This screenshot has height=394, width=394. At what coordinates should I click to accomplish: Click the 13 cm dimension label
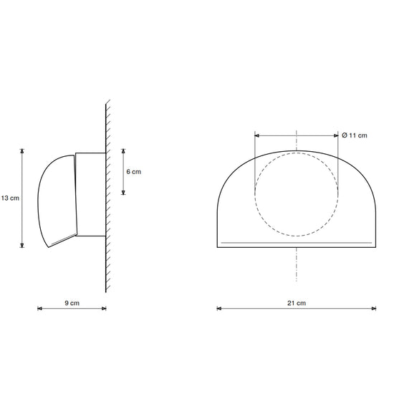pos(10,198)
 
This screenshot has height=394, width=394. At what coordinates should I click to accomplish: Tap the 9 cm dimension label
pos(72,303)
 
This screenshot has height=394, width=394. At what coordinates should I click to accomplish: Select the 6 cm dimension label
pos(134,172)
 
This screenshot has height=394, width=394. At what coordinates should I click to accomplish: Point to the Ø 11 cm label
pos(355,135)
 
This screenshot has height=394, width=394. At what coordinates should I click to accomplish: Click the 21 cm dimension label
pos(297,303)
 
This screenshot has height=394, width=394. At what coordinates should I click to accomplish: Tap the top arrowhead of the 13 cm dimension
pos(22,150)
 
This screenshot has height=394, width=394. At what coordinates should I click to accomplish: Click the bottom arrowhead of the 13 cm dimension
pos(22,246)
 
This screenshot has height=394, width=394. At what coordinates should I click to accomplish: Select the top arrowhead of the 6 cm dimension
pos(123,150)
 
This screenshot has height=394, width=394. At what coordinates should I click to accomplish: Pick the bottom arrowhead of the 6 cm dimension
pos(123,193)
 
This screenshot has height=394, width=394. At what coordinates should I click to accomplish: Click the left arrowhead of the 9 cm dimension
pos(39,309)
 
